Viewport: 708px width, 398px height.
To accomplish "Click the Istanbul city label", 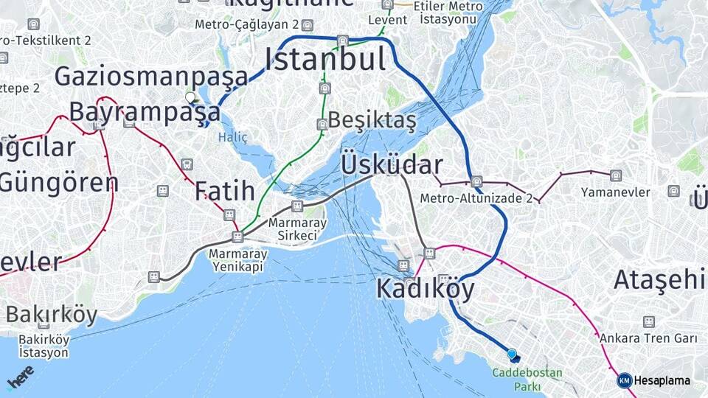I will pos(325,59).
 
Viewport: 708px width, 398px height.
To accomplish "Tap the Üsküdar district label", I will pos(392,165).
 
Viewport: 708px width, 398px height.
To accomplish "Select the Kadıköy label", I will pos(426,289).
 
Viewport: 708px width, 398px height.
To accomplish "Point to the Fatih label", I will pos(225,191).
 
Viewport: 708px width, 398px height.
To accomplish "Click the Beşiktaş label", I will pos(372,119).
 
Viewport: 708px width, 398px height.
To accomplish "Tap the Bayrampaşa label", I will pos(145,112).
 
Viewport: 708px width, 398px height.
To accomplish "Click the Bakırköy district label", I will pos(52,315).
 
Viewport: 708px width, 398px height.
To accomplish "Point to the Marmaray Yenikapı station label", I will pos(237,260).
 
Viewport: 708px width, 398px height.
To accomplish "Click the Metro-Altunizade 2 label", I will pos(476,198).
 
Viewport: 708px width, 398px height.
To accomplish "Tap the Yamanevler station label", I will pos(616,192).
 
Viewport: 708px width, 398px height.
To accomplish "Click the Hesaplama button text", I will pos(662,381).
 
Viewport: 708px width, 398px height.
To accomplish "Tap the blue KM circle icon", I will pos(624,381).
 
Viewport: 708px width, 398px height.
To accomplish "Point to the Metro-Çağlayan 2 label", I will pos(246,24).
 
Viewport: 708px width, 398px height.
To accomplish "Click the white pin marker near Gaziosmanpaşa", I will pos(190,97).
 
